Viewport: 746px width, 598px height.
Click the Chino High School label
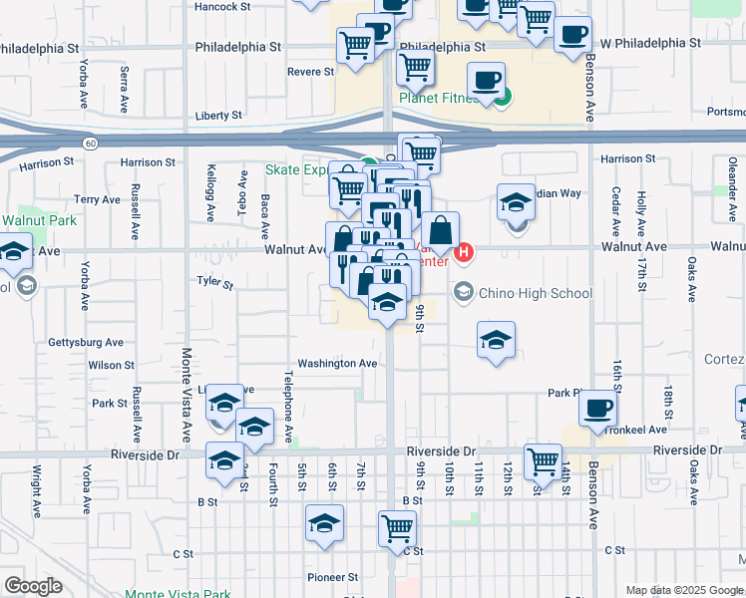[536, 293]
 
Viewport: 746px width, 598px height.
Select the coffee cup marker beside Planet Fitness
[487, 81]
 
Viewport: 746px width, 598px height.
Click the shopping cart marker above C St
[397, 528]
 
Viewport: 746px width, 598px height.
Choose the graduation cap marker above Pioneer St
[325, 524]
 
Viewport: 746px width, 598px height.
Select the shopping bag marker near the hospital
[440, 231]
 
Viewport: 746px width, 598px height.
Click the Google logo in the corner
[33, 586]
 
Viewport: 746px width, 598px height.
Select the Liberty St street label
[218, 116]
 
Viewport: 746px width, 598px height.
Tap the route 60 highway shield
[91, 144]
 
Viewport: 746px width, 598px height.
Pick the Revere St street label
[310, 72]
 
